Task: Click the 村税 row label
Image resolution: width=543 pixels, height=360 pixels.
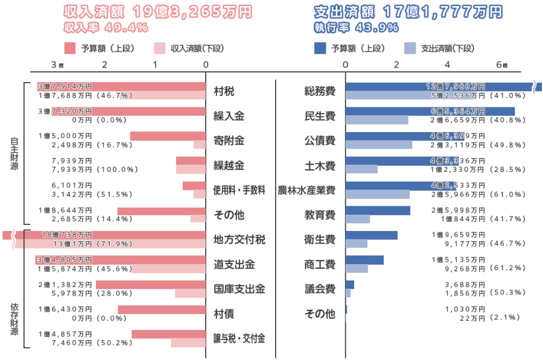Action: pyautogui.click(x=224, y=92)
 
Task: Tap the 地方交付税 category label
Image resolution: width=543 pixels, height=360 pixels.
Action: pyautogui.click(x=239, y=239)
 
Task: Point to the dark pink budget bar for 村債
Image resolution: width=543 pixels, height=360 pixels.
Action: pyautogui.click(x=161, y=309)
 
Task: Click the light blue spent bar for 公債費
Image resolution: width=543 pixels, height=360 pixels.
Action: pyautogui.click(x=379, y=145)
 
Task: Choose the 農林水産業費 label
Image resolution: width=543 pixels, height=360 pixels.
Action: pyautogui.click(x=306, y=191)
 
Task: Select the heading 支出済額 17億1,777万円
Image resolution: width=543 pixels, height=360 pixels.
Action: pyautogui.click(x=408, y=12)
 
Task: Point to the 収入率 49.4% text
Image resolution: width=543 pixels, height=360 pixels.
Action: pyautogui.click(x=106, y=27)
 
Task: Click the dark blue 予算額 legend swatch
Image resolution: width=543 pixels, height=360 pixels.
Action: pyautogui.click(x=320, y=48)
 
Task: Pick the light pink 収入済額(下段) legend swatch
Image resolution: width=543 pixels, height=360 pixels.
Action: pyautogui.click(x=159, y=48)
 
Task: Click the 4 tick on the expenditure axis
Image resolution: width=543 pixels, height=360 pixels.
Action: pyautogui.click(x=447, y=65)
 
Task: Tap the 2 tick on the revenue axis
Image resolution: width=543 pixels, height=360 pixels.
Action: pyautogui.click(x=105, y=65)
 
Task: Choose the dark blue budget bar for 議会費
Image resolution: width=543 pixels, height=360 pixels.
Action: pyautogui.click(x=350, y=285)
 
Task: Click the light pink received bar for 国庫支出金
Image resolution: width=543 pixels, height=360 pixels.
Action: pyautogui.click(x=190, y=293)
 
